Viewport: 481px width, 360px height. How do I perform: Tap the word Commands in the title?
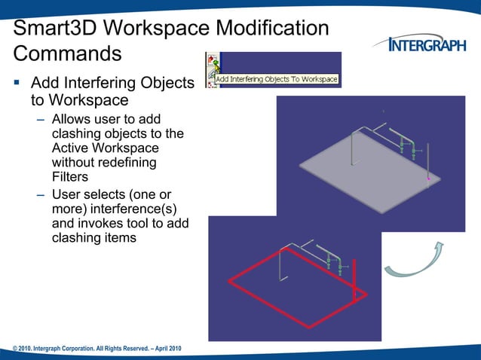(x=67, y=54)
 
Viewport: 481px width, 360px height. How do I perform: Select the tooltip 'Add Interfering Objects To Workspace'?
(x=277, y=79)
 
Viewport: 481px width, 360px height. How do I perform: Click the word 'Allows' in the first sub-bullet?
(x=74, y=120)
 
